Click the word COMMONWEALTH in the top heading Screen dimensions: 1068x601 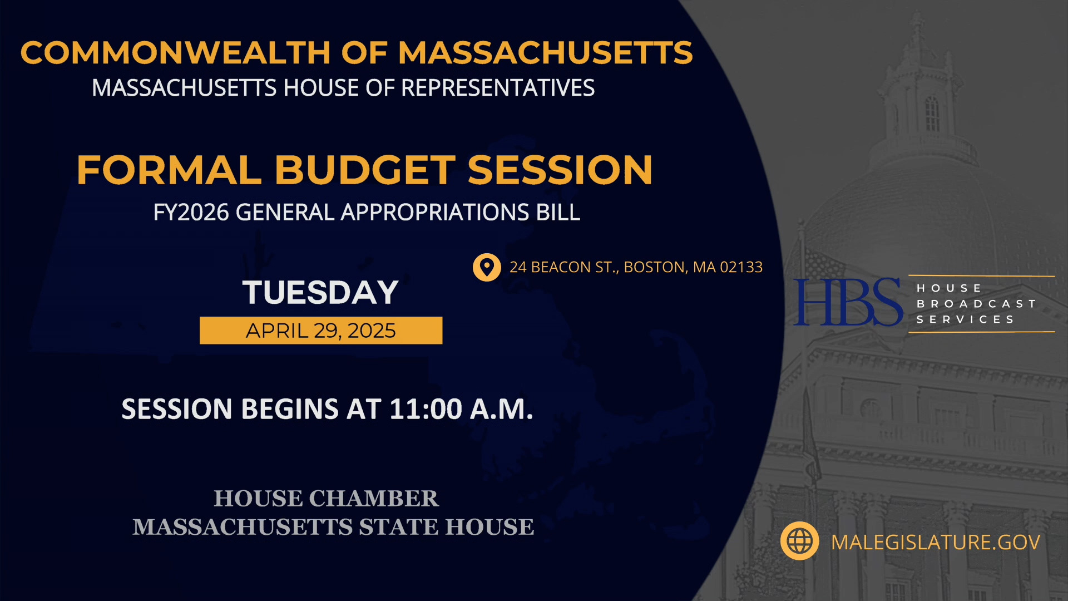176,53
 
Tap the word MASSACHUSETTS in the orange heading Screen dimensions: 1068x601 546,53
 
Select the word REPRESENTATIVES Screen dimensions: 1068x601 498,88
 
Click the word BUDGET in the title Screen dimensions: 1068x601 365,170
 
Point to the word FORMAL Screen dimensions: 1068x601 169,170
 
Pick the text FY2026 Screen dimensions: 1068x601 191,213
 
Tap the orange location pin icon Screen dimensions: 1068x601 487,268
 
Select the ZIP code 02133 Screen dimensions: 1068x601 741,267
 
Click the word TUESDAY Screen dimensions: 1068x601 320,293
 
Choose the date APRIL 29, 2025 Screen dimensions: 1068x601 321,331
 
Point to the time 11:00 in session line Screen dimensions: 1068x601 426,409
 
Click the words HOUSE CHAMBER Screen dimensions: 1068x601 327,499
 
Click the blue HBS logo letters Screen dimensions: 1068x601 848,302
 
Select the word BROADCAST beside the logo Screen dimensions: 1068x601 976,304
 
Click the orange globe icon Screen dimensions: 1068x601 799,541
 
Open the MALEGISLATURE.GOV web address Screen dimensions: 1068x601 936,543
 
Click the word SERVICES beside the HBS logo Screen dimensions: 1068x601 966,319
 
